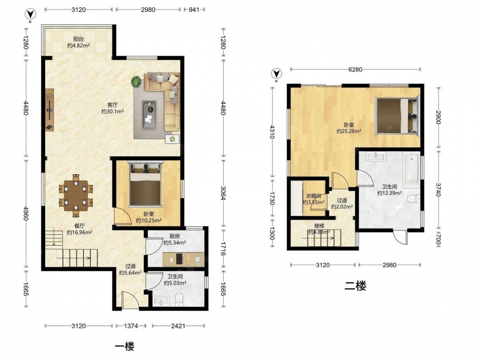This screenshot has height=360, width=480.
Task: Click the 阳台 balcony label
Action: (x=78, y=39)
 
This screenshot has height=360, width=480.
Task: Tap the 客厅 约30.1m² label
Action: (x=113, y=108)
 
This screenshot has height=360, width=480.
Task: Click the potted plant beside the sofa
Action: (x=136, y=82)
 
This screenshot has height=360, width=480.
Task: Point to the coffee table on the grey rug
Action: (x=149, y=115)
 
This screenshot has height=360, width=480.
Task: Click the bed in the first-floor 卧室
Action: (x=145, y=184)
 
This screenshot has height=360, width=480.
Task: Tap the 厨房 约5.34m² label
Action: (x=175, y=240)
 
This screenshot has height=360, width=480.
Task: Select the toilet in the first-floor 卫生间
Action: (x=179, y=300)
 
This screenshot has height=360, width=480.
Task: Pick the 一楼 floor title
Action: (x=125, y=347)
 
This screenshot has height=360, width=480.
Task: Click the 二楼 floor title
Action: (x=355, y=286)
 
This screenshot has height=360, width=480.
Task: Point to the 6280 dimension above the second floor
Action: (x=355, y=70)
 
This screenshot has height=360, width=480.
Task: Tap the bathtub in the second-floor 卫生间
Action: (x=411, y=170)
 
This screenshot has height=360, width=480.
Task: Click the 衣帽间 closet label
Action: (x=314, y=196)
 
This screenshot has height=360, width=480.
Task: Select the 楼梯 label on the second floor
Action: (x=319, y=226)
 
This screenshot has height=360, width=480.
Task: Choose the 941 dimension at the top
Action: (x=194, y=10)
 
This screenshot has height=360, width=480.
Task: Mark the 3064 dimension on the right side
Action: (x=223, y=193)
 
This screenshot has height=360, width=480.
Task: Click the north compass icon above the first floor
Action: (x=30, y=14)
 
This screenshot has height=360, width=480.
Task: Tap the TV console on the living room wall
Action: (x=49, y=110)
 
